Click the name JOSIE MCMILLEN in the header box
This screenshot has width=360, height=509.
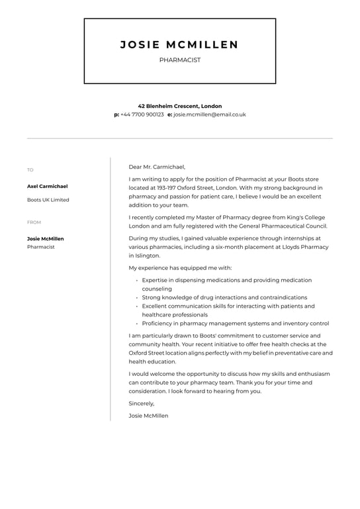179,45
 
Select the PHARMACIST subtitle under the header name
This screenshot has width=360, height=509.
180,60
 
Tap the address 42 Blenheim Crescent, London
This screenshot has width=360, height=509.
180,106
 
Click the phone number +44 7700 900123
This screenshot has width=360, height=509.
142,115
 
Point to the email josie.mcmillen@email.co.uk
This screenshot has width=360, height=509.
209,115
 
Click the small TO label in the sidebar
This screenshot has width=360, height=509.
30,170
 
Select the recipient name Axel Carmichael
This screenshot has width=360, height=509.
47,187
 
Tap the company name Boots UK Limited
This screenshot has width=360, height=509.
48,200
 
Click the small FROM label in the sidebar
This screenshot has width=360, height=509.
34,222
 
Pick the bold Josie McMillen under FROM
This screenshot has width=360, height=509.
46,239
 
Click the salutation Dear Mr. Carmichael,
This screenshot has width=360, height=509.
157,167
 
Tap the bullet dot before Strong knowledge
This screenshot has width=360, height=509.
137,298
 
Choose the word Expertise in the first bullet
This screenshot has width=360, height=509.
157,281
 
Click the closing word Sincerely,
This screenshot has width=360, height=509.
142,403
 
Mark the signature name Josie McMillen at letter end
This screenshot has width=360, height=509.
148,416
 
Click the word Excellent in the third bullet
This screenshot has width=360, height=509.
156,306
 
